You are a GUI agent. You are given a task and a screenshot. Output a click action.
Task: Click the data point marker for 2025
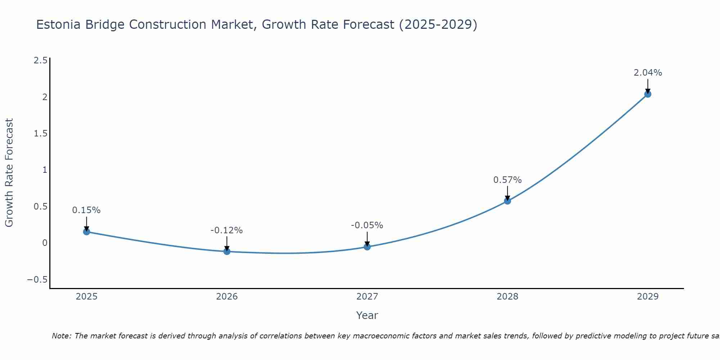pos(86,231)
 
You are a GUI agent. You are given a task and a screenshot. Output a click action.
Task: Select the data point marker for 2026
pos(227,251)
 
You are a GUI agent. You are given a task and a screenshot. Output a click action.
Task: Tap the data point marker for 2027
pos(367,247)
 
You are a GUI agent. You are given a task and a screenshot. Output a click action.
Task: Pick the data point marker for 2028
pos(507,201)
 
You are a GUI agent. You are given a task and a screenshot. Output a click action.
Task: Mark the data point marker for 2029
pos(648,94)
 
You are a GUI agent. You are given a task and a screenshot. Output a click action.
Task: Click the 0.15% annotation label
pos(86,210)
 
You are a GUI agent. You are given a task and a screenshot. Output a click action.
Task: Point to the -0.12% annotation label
pos(227,230)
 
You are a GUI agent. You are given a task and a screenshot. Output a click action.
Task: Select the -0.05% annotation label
pos(367,225)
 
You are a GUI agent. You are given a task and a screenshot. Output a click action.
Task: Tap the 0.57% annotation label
pos(507,180)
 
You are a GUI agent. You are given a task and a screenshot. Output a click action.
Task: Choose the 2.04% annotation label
pos(648,73)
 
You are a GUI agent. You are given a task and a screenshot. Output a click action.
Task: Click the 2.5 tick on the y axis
pos(40,60)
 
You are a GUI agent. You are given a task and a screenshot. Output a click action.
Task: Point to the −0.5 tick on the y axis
pos(37,280)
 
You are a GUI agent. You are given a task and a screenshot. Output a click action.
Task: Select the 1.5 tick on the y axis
pos(40,134)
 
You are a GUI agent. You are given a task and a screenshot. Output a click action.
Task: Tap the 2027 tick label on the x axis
pos(367,297)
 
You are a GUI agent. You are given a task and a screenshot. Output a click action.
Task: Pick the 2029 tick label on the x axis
pos(648,297)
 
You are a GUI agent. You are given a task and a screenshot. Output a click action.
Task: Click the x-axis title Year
pos(367,315)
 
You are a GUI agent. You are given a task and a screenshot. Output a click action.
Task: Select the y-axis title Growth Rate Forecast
pos(9,173)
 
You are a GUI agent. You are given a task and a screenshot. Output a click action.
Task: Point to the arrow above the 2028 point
pos(507,193)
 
